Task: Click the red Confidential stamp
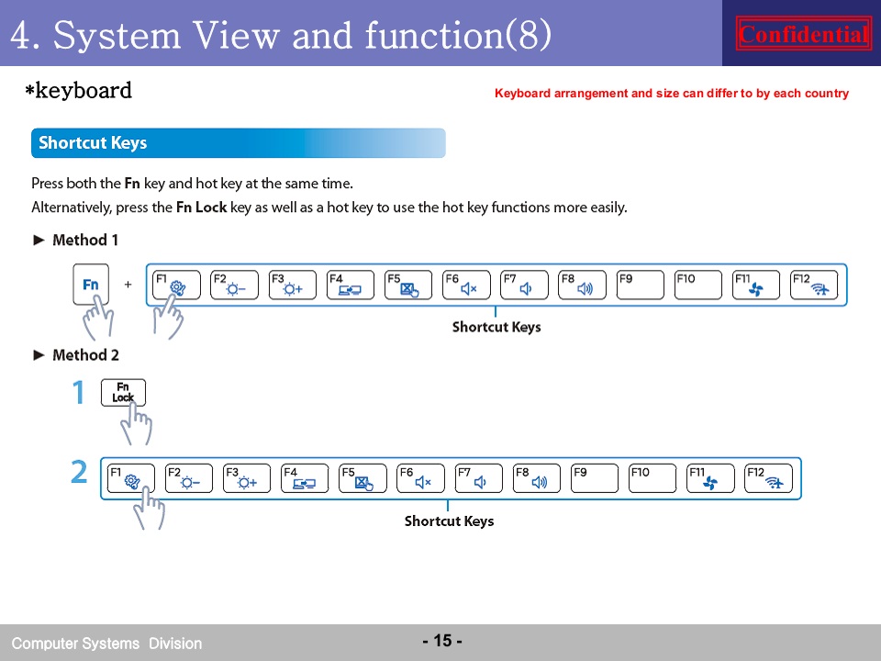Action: pyautogui.click(x=803, y=34)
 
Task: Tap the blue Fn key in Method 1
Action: pyautogui.click(x=91, y=285)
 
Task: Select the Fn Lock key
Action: pyautogui.click(x=123, y=392)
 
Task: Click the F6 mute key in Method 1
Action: pyautogui.click(x=466, y=285)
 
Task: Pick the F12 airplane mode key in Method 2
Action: pyautogui.click(x=768, y=478)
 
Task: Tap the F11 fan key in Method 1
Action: pyautogui.click(x=755, y=285)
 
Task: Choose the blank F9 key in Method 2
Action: pyautogui.click(x=594, y=478)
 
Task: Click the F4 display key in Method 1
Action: pyautogui.click(x=350, y=285)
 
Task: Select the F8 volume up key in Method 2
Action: pyautogui.click(x=536, y=478)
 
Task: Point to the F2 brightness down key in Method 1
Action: pyautogui.click(x=234, y=285)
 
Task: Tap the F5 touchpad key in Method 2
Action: pyautogui.click(x=362, y=478)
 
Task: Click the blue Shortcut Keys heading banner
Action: pyautogui.click(x=239, y=143)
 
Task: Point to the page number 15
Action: pyautogui.click(x=442, y=640)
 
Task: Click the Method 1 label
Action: pyautogui.click(x=84, y=240)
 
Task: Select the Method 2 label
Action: pyautogui.click(x=85, y=354)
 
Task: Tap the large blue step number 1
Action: pyautogui.click(x=79, y=392)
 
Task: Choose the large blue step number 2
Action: pyautogui.click(x=79, y=472)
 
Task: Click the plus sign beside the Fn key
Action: pyautogui.click(x=128, y=285)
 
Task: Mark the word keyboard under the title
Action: pyautogui.click(x=84, y=90)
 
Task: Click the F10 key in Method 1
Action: pyautogui.click(x=697, y=285)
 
